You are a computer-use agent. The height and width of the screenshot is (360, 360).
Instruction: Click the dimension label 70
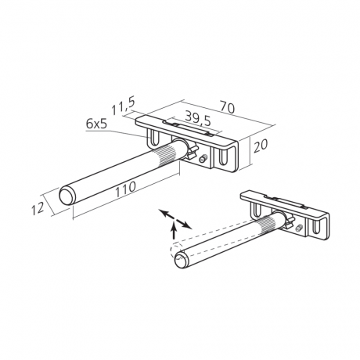pos(228,107)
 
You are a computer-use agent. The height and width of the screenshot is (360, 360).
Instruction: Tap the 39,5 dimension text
pos(198,119)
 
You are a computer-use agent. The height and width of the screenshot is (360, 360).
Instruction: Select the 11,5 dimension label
pos(123,106)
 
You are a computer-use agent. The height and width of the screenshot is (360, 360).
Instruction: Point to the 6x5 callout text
pos(96,124)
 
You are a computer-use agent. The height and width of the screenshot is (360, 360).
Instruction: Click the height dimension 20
pos(261,146)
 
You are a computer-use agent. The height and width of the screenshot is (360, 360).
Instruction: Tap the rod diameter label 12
pos(37,208)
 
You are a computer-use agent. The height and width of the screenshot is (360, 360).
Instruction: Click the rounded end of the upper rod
pos(67,196)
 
